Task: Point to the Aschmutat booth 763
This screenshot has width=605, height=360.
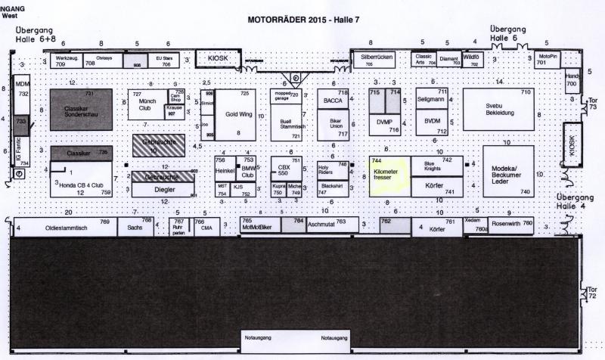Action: [x=331, y=224]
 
